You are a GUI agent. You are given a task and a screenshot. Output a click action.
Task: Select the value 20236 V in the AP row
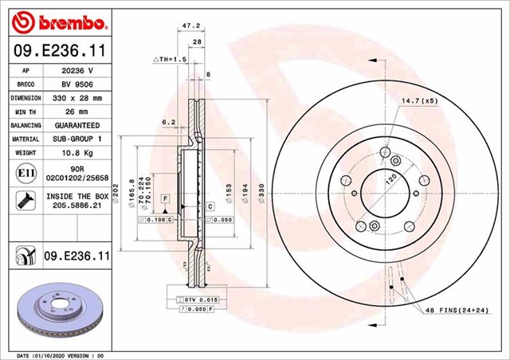78,70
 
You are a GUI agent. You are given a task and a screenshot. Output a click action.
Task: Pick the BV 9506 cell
78,84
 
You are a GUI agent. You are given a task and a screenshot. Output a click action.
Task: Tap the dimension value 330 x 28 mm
78,98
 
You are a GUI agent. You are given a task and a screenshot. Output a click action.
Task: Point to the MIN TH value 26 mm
78,112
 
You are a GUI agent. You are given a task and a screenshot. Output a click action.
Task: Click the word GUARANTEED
78,126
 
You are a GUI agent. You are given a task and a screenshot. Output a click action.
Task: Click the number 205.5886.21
78,206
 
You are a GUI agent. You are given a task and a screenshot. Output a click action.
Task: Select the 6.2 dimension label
168,122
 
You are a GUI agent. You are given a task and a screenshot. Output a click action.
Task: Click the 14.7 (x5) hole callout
418,101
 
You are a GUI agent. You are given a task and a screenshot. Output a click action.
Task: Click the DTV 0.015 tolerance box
192,299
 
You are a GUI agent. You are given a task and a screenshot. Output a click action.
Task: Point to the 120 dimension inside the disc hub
390,181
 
